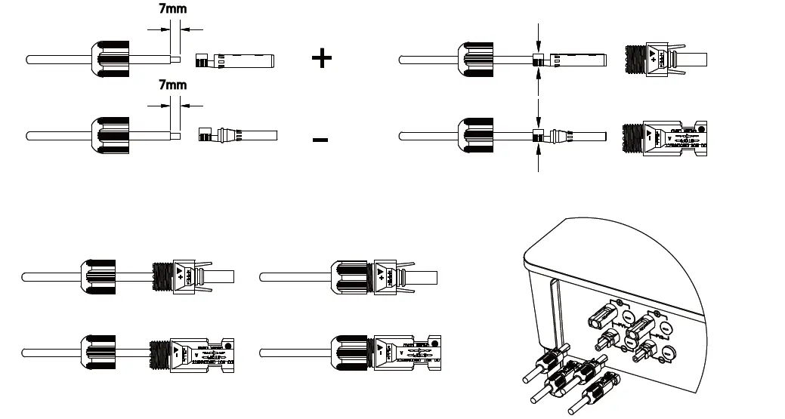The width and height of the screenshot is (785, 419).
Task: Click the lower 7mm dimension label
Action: tap(173, 85)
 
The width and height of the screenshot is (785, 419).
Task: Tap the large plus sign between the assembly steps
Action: tap(322, 58)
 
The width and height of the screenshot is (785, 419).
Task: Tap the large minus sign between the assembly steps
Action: tap(320, 139)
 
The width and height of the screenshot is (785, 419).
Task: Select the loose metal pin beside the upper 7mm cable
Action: tap(234, 60)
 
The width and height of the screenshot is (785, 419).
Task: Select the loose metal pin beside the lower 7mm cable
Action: tap(236, 136)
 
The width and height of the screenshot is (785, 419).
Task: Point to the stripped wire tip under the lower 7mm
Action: tap(177, 136)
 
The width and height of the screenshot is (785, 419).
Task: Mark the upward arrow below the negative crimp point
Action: tap(538, 159)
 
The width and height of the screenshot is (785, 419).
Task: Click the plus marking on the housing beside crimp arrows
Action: tap(654, 59)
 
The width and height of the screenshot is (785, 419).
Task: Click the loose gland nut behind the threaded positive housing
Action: tap(98, 277)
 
